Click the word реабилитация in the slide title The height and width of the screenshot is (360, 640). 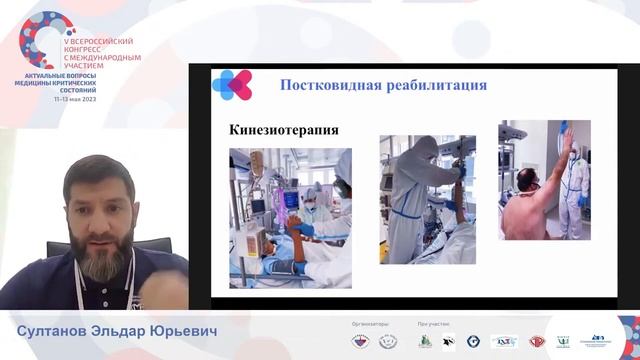pos(431,86)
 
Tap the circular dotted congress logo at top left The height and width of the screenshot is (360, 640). pos(43,38)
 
